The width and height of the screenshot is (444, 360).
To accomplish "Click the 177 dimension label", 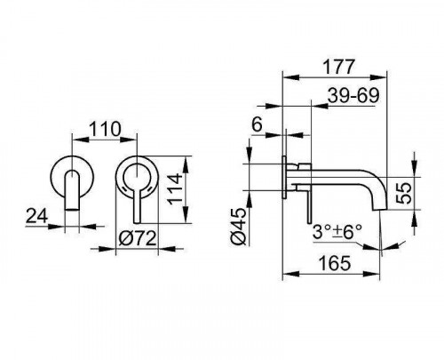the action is point(338,67).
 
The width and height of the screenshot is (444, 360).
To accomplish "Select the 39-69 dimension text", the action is point(353,95).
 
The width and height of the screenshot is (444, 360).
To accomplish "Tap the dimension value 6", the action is point(257,124).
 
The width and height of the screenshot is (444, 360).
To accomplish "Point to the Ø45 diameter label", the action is point(239,226).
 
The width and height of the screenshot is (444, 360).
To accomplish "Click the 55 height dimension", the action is point(404,193).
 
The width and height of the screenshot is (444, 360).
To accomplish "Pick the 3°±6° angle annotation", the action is point(337,231).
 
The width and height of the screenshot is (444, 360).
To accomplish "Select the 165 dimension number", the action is point(335,263).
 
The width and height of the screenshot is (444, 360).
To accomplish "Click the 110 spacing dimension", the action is point(105,129).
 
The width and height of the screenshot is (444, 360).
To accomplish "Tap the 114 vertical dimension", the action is point(175,188).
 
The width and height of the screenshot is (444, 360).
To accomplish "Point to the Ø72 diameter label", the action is point(137,238).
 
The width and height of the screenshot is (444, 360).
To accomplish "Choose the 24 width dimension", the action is point(36,215).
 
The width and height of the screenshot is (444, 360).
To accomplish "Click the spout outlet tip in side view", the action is point(379,208).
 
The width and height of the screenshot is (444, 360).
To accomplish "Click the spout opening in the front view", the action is point(72,210).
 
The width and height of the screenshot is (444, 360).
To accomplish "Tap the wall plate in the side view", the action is point(284,177).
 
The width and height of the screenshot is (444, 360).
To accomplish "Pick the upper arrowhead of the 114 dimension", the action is point(186,164).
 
